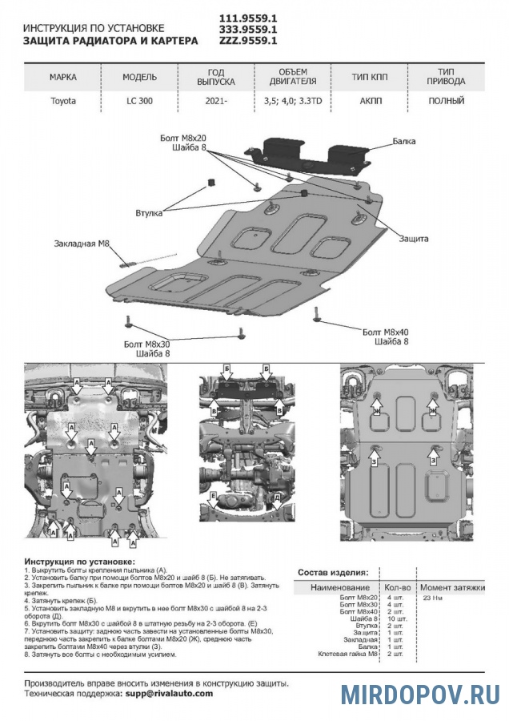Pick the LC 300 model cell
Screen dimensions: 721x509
[138, 102]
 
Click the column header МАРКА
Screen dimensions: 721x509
[63, 77]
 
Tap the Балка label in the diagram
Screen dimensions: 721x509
[404, 141]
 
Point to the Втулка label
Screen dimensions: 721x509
[150, 213]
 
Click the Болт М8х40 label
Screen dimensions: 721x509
[385, 331]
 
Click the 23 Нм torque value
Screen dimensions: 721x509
[432, 598]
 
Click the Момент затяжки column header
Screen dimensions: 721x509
[452, 588]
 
